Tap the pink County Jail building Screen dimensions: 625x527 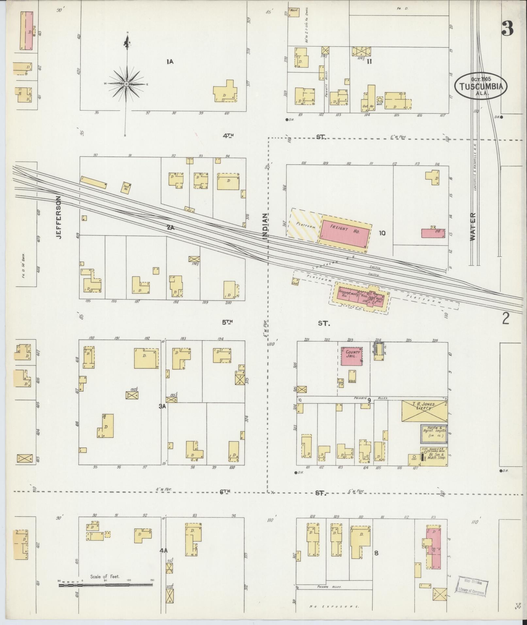(x=352, y=356)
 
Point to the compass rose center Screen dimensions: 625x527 (x=126, y=84)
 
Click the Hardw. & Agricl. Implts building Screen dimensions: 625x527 (x=434, y=434)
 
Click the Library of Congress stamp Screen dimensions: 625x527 (x=471, y=586)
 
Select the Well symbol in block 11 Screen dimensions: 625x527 (x=379, y=100)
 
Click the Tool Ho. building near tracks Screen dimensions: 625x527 (x=126, y=187)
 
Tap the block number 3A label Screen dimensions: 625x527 (x=162, y=406)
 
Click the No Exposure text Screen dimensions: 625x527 (x=334, y=606)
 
